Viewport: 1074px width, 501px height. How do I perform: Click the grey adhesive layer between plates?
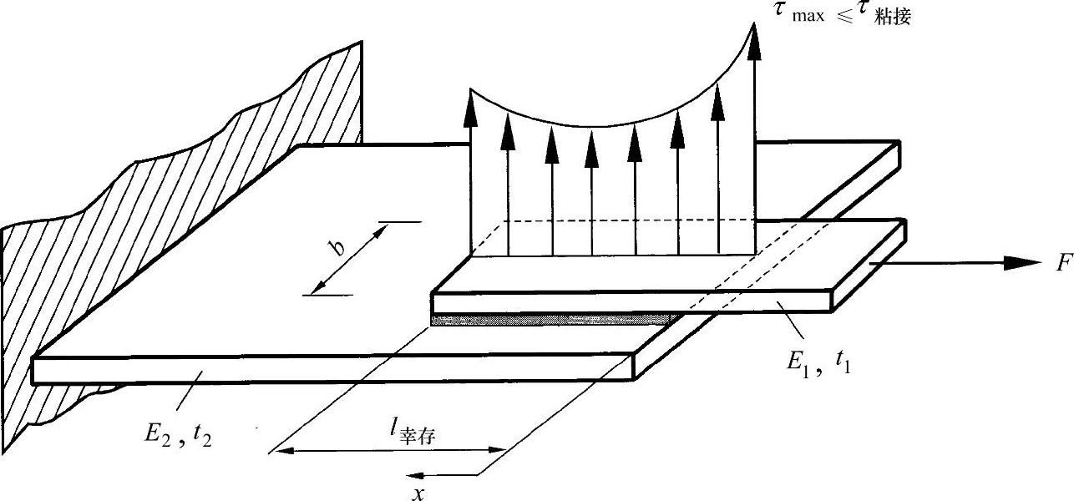coord(551,320)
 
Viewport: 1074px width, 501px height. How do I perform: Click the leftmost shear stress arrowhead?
coord(470,109)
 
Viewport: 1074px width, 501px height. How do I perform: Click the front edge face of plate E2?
coord(334,367)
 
